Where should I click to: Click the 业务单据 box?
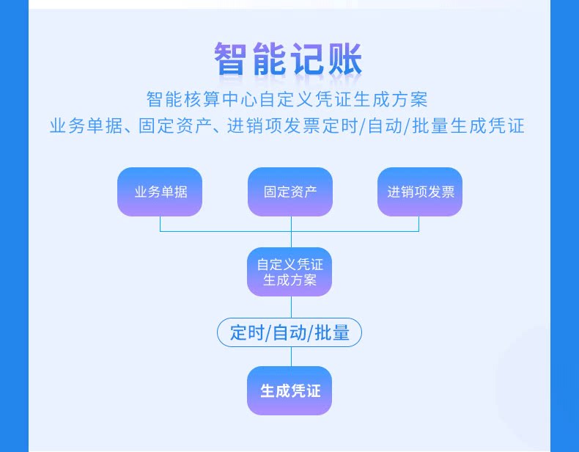tap(160, 192)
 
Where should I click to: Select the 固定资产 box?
tap(290, 192)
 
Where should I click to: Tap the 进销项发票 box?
tap(420, 192)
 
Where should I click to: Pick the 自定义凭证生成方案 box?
tap(290, 272)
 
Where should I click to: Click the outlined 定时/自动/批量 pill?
tap(290, 332)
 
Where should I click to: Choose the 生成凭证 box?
tap(290, 390)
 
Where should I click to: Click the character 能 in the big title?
tap(269, 59)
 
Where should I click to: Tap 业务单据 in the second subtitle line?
tap(84, 125)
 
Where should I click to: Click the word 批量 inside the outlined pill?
tap(332, 332)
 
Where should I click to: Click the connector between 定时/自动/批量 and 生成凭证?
tap(291, 357)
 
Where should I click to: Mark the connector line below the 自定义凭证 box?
tap(291, 307)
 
